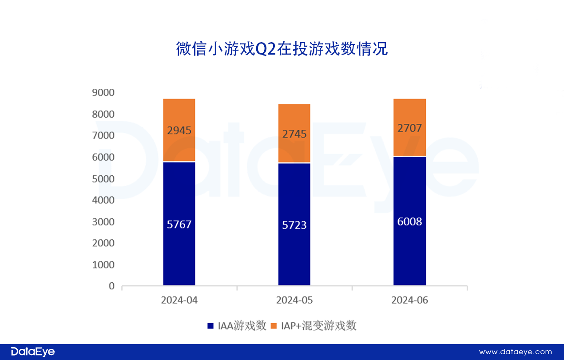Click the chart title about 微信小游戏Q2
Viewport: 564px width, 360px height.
point(282,49)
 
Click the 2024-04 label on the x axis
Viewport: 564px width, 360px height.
point(179,301)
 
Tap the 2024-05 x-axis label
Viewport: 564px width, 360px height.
point(294,301)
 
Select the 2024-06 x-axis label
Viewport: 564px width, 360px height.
point(409,301)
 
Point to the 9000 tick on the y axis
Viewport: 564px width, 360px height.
point(103,93)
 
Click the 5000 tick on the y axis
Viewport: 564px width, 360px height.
point(103,179)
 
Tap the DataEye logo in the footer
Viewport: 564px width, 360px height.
point(33,352)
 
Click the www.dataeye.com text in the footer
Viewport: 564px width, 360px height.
point(515,352)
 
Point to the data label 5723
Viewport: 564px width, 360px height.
point(294,225)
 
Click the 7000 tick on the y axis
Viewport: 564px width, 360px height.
point(103,136)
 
